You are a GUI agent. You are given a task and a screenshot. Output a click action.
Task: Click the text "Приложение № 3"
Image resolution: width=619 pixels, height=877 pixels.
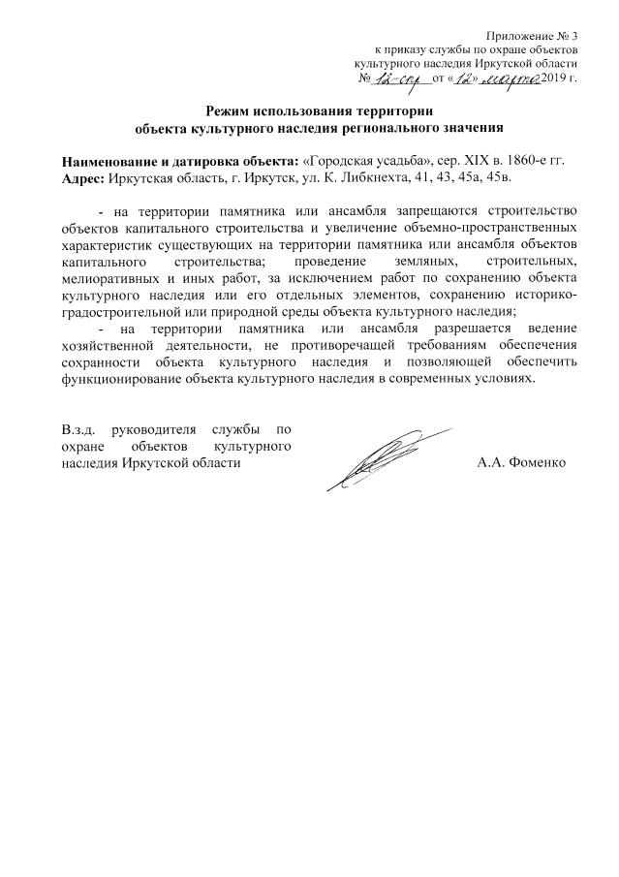coord(533,35)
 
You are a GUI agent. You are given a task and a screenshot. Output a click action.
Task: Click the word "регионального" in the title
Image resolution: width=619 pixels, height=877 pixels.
coord(401,126)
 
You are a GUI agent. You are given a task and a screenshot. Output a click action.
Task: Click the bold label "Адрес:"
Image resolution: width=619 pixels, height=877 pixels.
coord(84,178)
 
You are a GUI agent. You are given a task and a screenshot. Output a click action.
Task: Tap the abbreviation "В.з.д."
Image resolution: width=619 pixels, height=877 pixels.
coord(78,428)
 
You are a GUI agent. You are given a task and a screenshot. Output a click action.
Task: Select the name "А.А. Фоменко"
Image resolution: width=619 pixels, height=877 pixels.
coord(521,462)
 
